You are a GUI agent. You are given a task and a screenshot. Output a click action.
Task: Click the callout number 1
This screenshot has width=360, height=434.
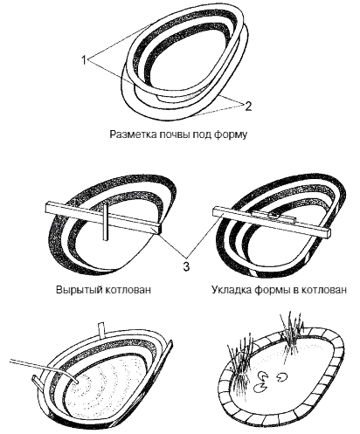84,60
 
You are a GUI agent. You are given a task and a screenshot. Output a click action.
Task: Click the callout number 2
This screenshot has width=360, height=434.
248,107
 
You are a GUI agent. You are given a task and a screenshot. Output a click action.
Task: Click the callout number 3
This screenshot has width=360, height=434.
186,265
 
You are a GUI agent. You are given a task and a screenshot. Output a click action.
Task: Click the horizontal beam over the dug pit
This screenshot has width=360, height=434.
103,218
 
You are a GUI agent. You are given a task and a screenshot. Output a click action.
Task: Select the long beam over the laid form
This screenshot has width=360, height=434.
271,223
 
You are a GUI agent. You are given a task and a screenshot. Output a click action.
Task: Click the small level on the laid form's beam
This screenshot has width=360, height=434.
273,217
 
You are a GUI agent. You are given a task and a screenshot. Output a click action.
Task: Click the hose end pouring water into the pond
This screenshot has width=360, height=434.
76,381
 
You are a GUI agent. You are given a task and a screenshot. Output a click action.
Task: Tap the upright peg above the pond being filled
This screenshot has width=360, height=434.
101,329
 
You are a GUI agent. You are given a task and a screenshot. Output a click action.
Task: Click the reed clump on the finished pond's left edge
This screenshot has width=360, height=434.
240,362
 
